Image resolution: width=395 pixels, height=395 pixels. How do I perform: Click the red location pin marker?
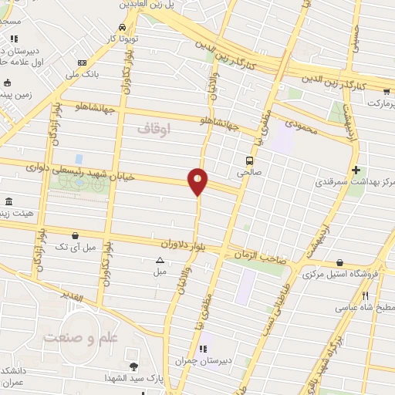tap(198, 181)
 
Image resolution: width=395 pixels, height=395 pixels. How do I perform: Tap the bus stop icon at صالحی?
tap(250, 160)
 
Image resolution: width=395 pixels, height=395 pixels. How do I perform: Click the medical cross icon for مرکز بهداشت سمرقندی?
tap(355, 170)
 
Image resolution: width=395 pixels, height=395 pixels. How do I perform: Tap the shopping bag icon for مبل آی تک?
tap(75, 235)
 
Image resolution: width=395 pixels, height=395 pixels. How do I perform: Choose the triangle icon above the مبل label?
tap(160, 260)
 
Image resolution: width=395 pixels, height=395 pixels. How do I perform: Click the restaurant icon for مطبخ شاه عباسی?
tap(366, 295)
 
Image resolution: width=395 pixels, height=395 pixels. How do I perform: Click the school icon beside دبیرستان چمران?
tap(203, 349)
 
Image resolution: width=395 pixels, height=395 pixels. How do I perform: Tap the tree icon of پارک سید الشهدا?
tap(133, 366)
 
